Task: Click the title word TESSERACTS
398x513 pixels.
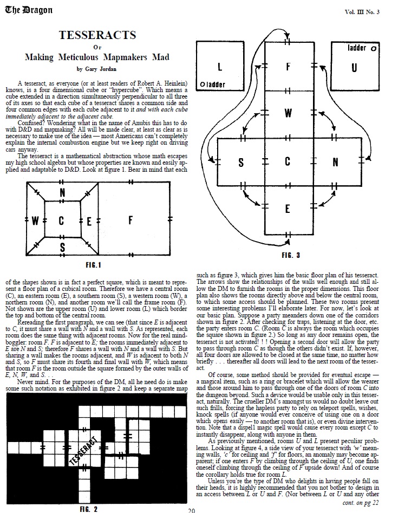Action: tap(97, 35)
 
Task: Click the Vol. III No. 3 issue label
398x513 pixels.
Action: tap(362, 12)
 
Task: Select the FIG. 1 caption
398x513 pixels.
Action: tap(94, 265)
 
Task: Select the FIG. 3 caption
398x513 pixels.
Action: tap(291, 255)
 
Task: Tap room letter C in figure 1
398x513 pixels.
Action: tap(61, 221)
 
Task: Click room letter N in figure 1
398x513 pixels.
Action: tap(62, 192)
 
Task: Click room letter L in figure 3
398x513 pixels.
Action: tap(219, 68)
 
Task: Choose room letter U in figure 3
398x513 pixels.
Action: tap(354, 68)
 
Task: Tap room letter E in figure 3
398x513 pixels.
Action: tap(288, 209)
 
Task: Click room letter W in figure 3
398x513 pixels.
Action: tap(288, 114)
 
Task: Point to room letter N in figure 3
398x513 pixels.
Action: tap(335, 162)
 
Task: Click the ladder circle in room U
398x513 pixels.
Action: tap(374, 48)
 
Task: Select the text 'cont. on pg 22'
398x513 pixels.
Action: tap(361, 503)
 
